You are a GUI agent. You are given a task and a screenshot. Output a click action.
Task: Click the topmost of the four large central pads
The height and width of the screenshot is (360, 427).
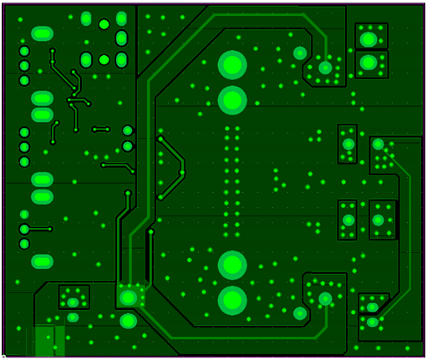click(x=232, y=64)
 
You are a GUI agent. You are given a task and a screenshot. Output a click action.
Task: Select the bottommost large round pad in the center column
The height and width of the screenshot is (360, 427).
click(x=232, y=300)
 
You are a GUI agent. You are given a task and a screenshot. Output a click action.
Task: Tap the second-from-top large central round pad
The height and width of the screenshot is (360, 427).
click(x=232, y=100)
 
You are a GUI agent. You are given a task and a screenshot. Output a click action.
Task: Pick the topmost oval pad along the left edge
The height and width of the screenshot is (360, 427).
click(x=42, y=34)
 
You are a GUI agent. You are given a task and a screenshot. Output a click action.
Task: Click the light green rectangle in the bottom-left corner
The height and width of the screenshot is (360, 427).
click(x=50, y=341)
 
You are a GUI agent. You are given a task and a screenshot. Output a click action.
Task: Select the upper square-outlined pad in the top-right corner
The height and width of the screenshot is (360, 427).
click(x=368, y=38)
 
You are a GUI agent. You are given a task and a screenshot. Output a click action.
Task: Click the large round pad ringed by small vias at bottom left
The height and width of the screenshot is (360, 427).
click(x=128, y=297)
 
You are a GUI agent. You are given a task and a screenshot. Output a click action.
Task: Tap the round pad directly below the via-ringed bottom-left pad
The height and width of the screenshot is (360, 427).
click(x=128, y=321)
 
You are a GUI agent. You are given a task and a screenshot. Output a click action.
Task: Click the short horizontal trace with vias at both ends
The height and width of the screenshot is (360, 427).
click(x=101, y=129)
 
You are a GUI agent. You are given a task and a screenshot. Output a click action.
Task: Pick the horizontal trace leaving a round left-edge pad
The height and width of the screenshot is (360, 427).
click(x=38, y=229)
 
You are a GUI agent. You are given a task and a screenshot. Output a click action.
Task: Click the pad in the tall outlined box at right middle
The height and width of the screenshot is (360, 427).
click(x=348, y=145)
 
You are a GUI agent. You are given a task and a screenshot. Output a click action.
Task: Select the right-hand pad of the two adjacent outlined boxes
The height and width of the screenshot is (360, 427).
click(x=378, y=221)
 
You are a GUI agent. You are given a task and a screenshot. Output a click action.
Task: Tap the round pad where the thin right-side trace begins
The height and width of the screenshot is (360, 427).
click(x=378, y=145)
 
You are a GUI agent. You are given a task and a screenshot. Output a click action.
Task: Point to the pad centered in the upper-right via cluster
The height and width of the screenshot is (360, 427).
click(x=325, y=68)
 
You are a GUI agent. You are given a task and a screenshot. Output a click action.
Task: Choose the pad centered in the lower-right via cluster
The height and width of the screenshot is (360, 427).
click(x=325, y=298)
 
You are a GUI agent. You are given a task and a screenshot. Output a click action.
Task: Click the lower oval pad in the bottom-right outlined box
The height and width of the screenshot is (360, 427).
click(x=371, y=322)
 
